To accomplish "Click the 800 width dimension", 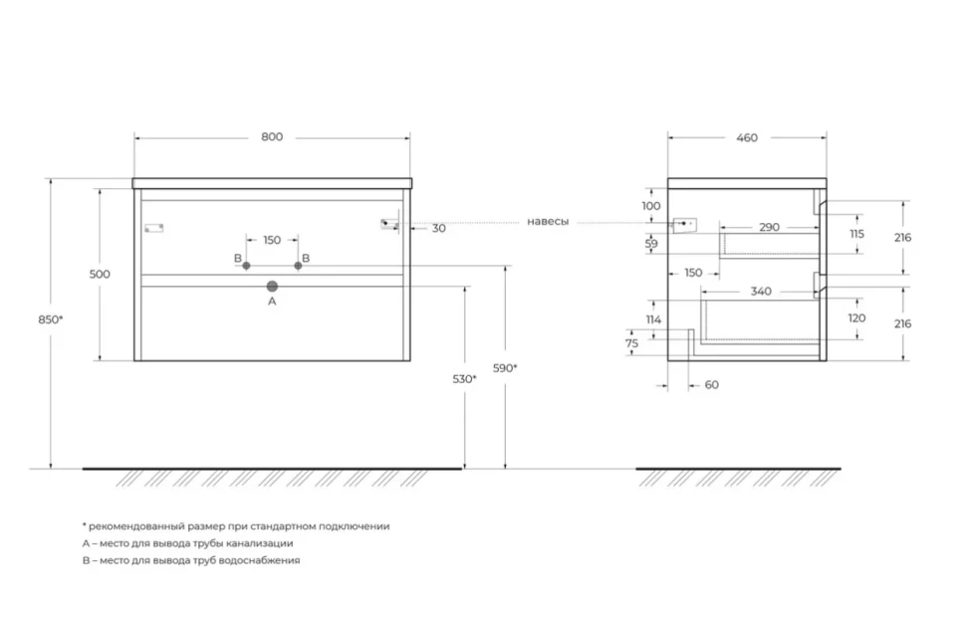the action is coord(272,136).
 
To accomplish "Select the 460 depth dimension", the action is coord(747,137).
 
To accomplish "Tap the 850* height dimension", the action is coord(51,318).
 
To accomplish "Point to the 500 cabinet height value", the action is coord(100,274).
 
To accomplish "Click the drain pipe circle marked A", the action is coord(272,287).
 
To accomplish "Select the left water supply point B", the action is coord(246,266).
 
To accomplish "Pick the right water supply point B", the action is coord(298,266).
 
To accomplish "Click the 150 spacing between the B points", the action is coord(272,240).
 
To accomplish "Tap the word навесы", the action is coord(548,222).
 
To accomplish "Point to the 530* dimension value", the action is coord(464,379).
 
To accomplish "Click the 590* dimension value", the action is coord(505,368).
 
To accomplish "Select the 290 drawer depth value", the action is coord(770,227).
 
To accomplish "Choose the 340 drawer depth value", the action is coord(761,292).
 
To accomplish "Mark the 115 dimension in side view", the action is coord(857,234).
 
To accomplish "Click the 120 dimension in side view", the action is coord(857,317).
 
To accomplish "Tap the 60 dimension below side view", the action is coord(712,385).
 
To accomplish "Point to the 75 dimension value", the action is coord(632,343).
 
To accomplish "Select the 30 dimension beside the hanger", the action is coord(438,229).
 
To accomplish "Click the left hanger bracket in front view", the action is coord(154,229).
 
